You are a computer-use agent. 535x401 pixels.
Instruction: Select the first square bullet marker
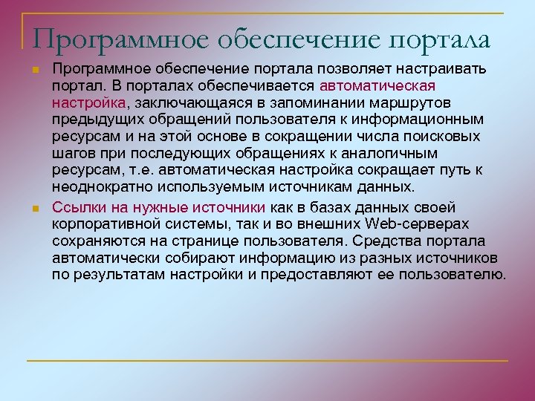coord(35,69)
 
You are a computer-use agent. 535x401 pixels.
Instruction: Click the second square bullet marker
coord(35,207)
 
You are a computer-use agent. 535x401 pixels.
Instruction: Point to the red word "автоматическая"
coord(377,85)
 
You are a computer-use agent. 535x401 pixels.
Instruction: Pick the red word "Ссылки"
coord(76,206)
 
